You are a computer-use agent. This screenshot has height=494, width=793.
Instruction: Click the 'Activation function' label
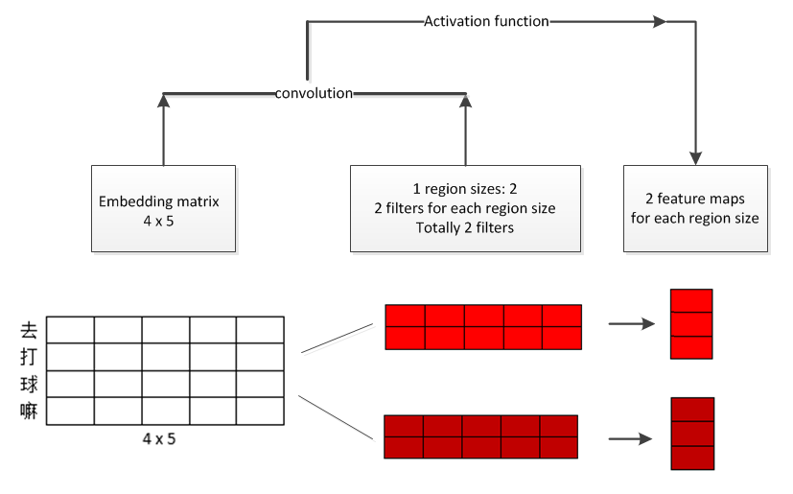(486, 21)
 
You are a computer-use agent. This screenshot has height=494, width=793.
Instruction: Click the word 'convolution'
(314, 93)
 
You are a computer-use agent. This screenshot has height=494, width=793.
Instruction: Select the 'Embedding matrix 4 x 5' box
(164, 208)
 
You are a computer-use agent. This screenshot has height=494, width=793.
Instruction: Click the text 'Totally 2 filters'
(465, 227)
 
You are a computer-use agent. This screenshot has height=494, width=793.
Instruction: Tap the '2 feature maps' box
(695, 208)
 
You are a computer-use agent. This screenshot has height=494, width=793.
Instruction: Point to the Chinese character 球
(28, 386)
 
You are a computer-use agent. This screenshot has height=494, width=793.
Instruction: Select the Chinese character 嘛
(28, 412)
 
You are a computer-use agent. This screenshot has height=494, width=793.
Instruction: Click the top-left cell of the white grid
(71, 330)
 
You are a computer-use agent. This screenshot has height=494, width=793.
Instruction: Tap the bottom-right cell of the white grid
(259, 411)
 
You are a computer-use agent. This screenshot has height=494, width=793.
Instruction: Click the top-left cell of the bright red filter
(405, 316)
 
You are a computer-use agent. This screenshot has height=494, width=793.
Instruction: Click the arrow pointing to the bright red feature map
(633, 324)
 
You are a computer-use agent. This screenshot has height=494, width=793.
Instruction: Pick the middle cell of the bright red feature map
(691, 324)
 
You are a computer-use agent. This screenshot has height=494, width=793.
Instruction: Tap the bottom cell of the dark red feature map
(691, 458)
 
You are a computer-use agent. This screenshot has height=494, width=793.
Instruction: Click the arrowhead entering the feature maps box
(694, 154)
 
